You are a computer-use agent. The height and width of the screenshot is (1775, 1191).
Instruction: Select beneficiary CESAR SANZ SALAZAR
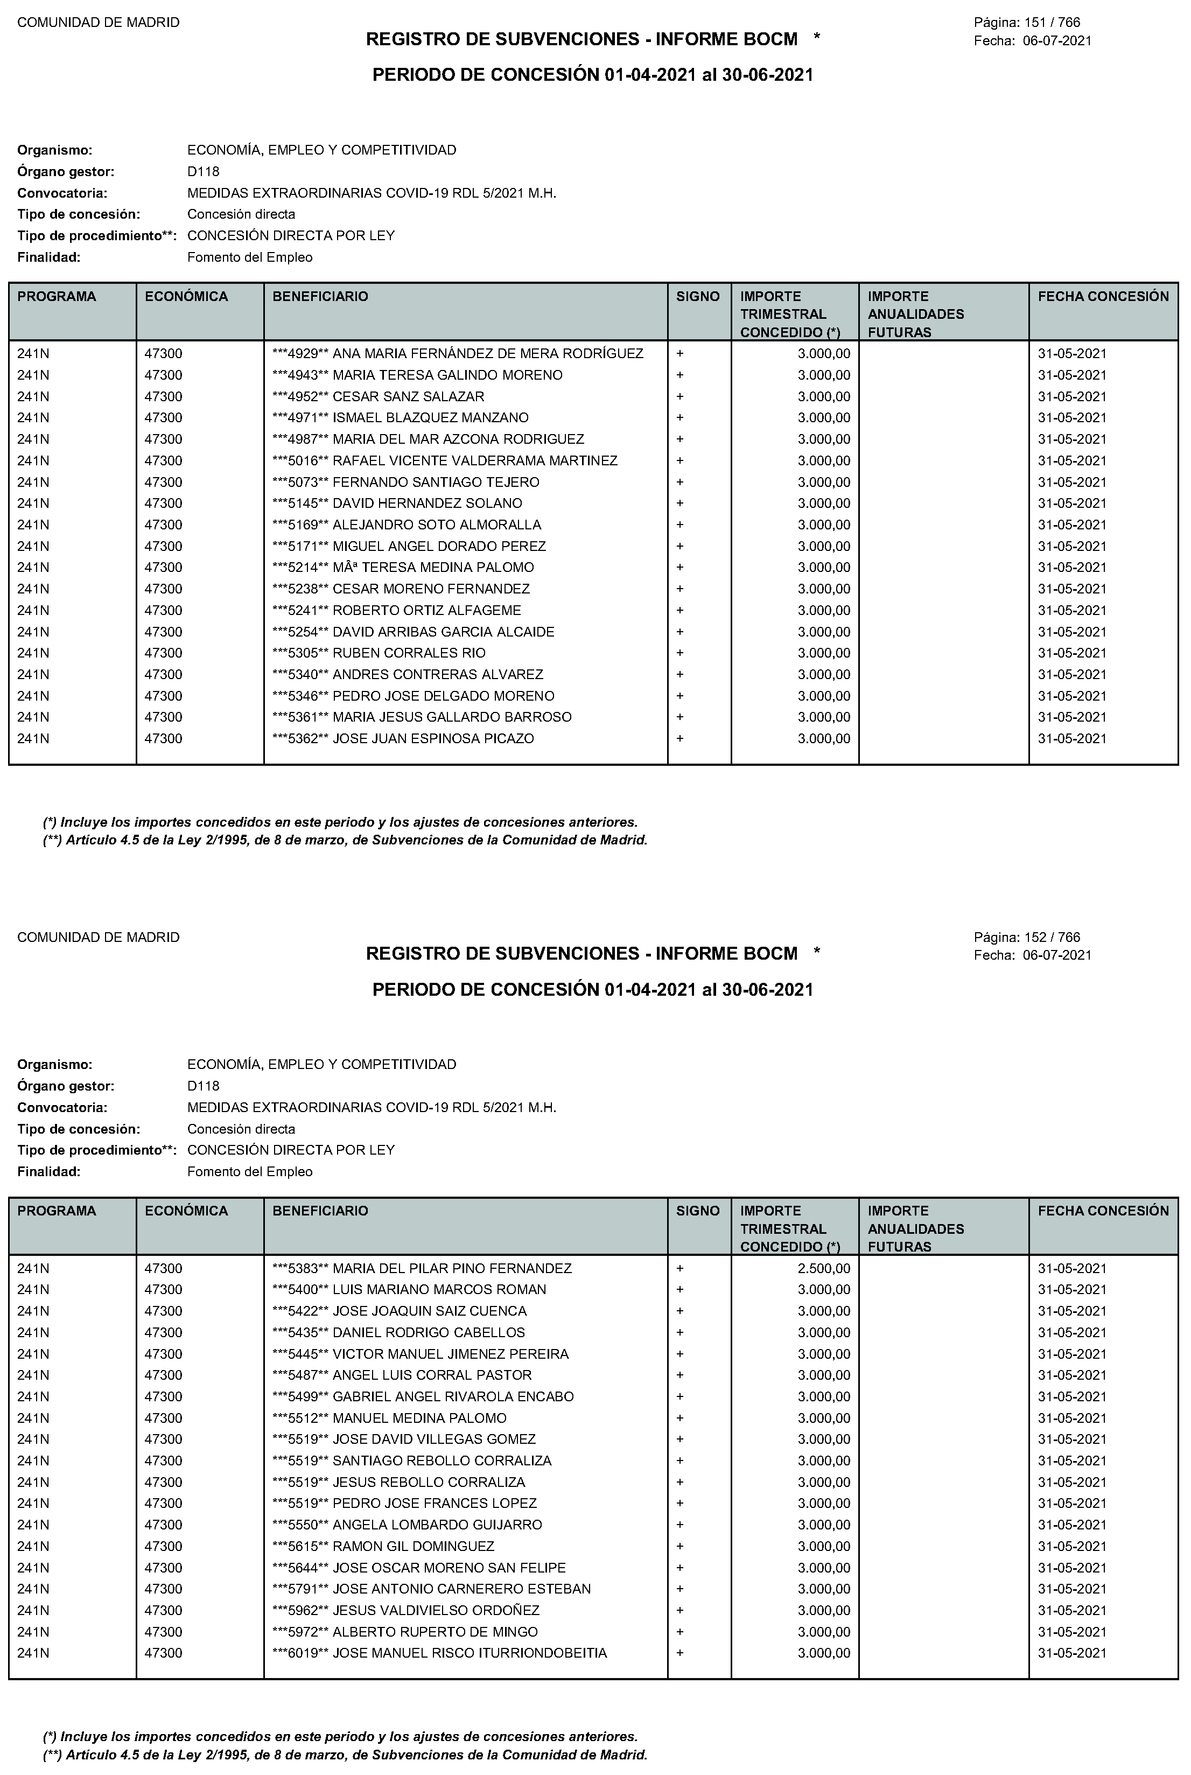tap(408, 396)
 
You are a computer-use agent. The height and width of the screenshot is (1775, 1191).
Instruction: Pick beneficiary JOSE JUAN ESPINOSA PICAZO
tap(433, 738)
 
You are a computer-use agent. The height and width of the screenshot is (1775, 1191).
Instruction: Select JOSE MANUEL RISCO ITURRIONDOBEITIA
tap(470, 1653)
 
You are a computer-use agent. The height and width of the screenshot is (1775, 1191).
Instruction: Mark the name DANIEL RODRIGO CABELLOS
tap(429, 1332)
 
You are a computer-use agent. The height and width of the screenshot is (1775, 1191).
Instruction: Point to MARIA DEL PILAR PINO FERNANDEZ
tap(452, 1268)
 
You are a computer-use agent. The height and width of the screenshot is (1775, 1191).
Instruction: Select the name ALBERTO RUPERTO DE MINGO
tap(435, 1631)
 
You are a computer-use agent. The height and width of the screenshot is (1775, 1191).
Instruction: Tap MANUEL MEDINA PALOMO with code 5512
tap(419, 1418)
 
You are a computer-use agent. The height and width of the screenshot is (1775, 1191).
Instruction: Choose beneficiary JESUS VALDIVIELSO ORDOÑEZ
tap(436, 1610)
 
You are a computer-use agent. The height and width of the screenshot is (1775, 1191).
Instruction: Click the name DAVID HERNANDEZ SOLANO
tap(427, 504)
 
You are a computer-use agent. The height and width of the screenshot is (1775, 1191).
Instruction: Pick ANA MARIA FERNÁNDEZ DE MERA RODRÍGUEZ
tap(488, 354)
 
